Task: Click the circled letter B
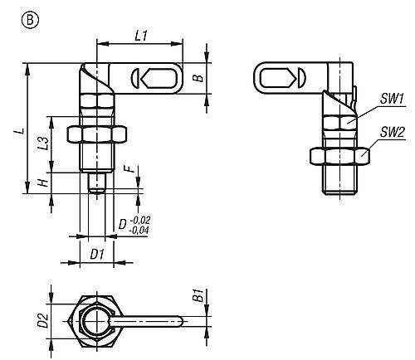point(30,20)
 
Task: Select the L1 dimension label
point(141,36)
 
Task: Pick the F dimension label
point(132,168)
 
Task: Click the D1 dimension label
point(97,254)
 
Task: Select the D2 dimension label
point(44,321)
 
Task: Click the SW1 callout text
point(393,99)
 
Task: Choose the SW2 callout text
point(392,133)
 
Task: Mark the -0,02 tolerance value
point(139,221)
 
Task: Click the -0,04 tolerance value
point(139,230)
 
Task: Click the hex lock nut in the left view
point(97,135)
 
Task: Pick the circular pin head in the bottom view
point(96,321)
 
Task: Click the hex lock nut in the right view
point(339,157)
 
